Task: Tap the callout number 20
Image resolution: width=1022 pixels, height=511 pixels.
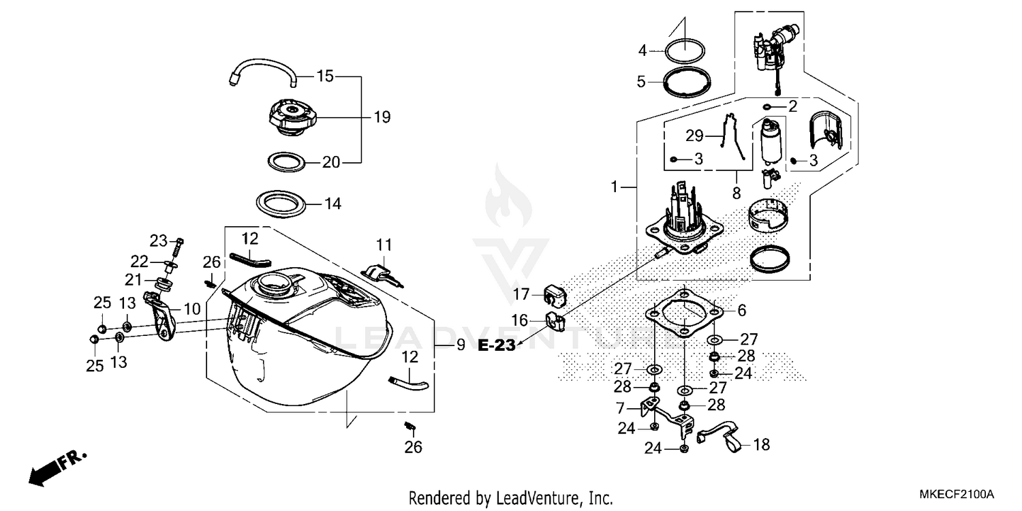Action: [x=331, y=162]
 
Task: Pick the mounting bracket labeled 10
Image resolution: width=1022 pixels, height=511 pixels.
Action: [x=161, y=317]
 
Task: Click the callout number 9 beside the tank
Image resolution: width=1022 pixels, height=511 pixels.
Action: [x=461, y=345]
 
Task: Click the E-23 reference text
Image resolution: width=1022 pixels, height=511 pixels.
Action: [x=496, y=345]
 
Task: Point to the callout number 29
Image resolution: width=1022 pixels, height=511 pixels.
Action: [x=694, y=136]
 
